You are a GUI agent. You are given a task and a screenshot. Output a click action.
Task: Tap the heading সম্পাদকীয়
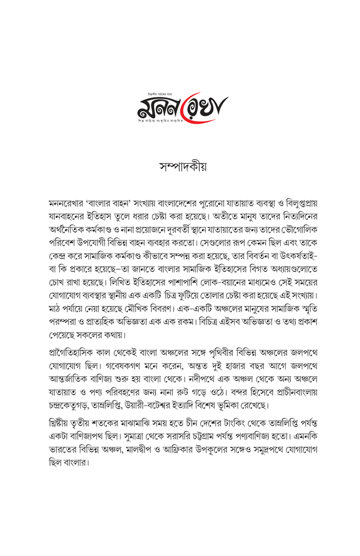pyautogui.click(x=180, y=166)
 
